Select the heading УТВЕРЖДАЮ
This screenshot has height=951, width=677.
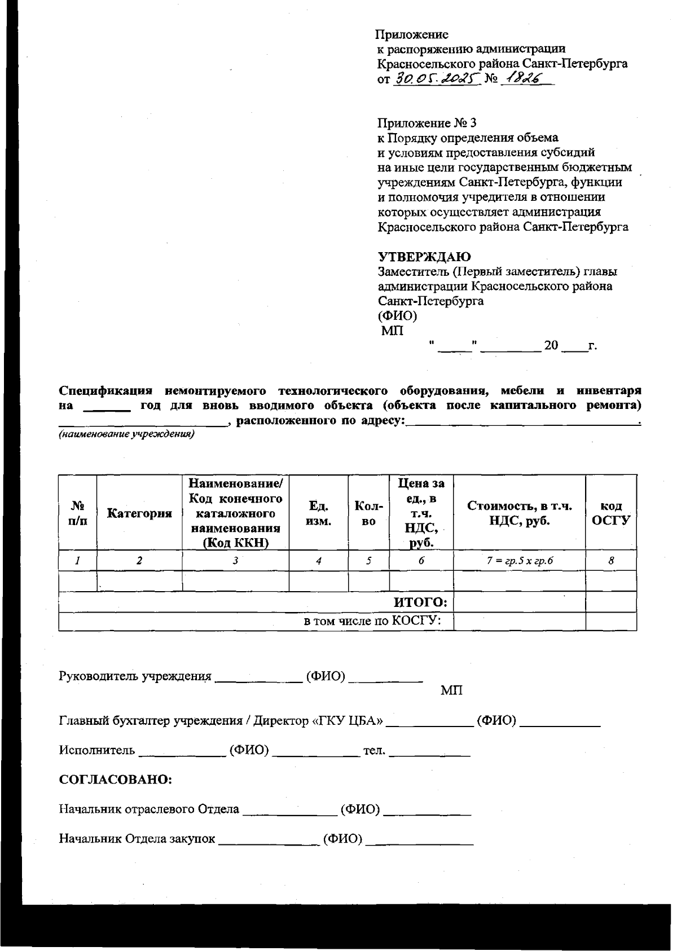(x=424, y=257)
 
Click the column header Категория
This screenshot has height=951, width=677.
(x=139, y=513)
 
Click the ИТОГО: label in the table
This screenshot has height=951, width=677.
(x=420, y=602)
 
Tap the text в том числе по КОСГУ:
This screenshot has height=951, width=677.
(x=372, y=621)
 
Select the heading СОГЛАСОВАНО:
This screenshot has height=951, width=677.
(x=116, y=780)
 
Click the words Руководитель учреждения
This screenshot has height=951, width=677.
(x=135, y=676)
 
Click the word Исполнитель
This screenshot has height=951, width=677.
(x=97, y=750)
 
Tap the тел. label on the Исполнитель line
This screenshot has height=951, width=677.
(x=374, y=750)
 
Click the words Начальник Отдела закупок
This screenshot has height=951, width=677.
(x=137, y=838)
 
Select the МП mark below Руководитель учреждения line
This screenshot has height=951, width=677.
(x=451, y=690)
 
